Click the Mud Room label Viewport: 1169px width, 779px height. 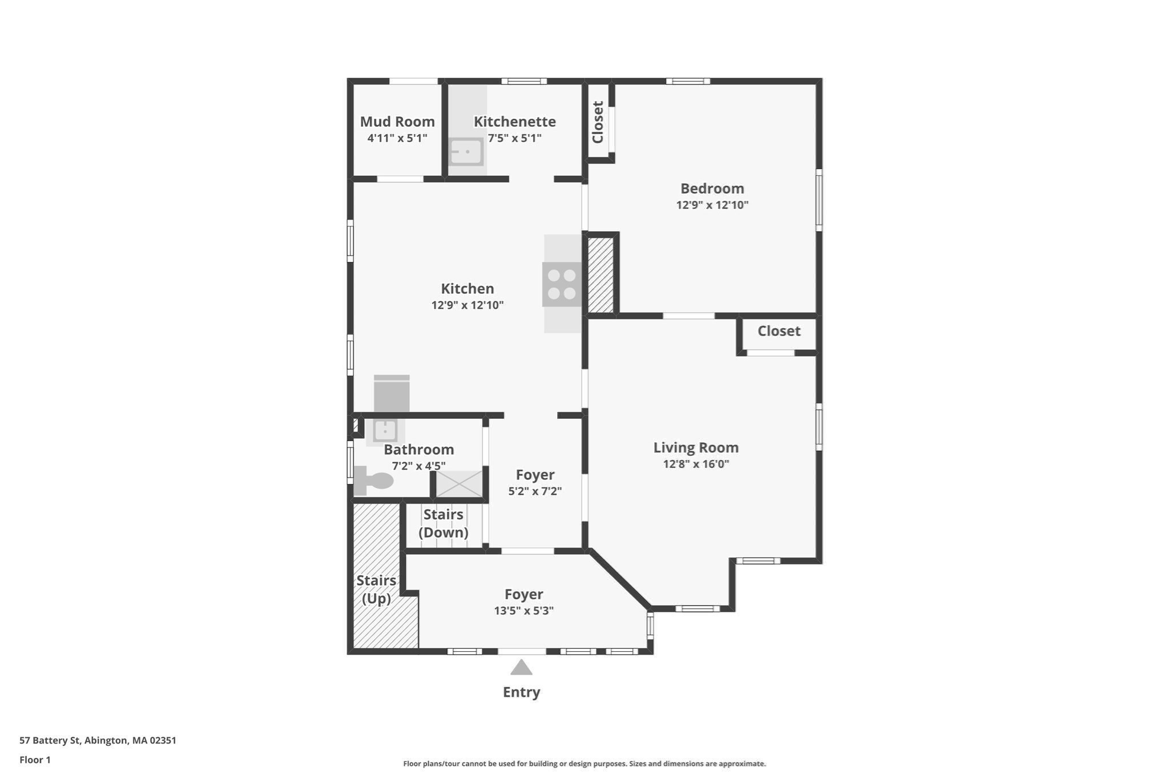(397, 122)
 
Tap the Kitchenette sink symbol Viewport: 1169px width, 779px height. (466, 152)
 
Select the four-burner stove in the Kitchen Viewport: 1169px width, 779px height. (562, 284)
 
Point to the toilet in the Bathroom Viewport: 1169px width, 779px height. (373, 481)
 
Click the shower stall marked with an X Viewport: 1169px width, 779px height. (459, 484)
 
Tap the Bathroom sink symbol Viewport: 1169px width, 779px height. (385, 430)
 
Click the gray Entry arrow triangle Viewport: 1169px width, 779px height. (521, 667)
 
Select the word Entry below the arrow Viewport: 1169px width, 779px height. (521, 692)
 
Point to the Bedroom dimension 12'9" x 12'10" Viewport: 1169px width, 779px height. (712, 205)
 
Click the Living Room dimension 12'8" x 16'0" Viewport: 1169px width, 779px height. (696, 464)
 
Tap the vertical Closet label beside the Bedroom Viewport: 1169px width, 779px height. (598, 122)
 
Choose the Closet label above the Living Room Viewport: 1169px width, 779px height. (779, 331)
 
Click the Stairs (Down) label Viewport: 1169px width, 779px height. (444, 523)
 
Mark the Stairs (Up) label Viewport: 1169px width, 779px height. (376, 590)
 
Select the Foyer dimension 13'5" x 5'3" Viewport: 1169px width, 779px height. (523, 611)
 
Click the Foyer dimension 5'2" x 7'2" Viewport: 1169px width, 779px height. (535, 491)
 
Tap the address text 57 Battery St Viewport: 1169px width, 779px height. (51, 741)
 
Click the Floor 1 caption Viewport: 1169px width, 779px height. (35, 760)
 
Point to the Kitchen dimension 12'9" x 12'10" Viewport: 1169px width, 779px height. (467, 305)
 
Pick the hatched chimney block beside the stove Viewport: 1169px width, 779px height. (600, 275)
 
